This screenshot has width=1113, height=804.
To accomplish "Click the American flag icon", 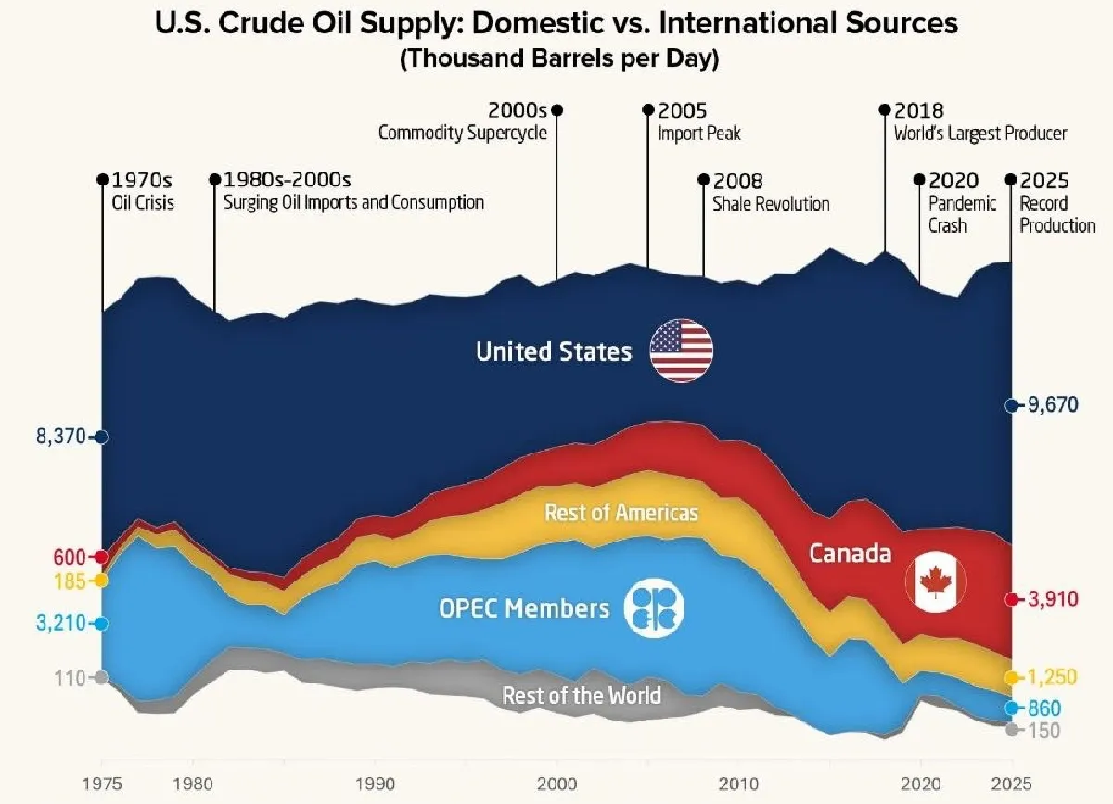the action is point(681,351).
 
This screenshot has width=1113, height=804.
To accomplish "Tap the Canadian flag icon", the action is point(936,581).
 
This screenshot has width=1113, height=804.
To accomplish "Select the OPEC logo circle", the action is point(654,607).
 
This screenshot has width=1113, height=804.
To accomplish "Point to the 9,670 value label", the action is point(1053,405).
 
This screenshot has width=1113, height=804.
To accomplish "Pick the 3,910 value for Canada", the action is point(1053,599).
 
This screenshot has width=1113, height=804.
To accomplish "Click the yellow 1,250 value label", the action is point(1052,677).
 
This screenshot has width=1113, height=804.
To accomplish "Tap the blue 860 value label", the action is point(1044,708).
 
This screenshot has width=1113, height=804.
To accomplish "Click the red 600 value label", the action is point(70,557).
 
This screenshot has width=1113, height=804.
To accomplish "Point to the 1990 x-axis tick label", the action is point(376,785).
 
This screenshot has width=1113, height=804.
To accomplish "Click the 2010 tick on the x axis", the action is point(738,785).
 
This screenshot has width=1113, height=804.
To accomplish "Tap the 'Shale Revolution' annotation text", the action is point(771,204).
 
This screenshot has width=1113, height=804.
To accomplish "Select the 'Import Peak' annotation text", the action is point(699,134).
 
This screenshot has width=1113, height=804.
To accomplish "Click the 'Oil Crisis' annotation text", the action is point(143,203).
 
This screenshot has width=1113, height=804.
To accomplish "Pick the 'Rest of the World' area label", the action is point(582,696).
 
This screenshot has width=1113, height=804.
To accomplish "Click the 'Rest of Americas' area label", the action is point(621,512).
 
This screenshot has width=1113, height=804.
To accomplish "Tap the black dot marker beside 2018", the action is point(885,109).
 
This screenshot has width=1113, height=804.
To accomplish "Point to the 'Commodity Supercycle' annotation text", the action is point(463,134).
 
